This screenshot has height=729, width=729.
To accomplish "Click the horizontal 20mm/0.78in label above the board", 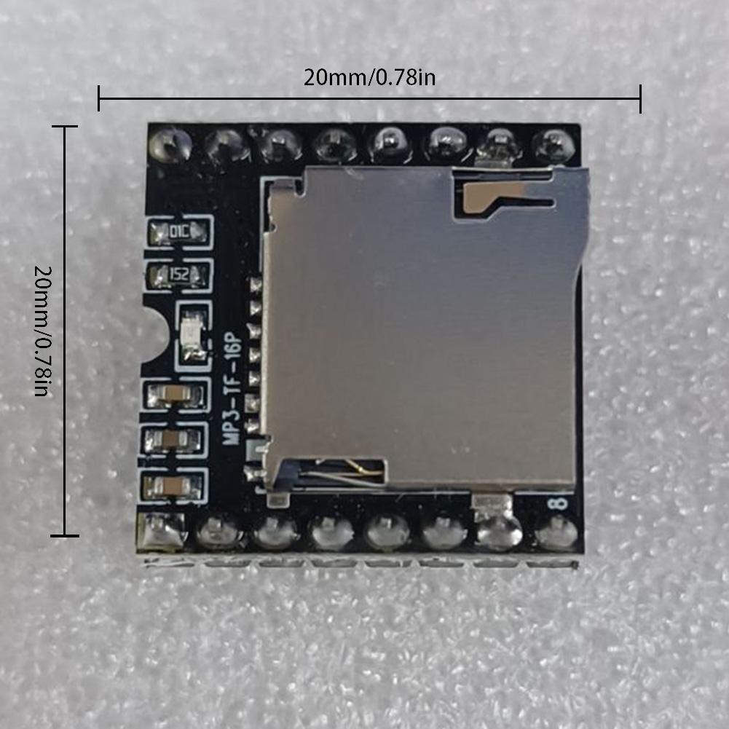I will coord(369,76).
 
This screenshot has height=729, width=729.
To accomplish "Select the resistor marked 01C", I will coord(178,232).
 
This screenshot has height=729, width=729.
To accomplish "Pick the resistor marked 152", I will coord(178,274).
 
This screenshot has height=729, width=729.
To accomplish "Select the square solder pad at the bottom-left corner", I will coord(161,530).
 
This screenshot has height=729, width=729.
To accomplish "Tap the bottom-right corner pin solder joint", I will coord(555,535).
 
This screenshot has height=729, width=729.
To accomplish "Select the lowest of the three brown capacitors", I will coord(175,485).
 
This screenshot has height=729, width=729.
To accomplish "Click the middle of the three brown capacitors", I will coord(175,439).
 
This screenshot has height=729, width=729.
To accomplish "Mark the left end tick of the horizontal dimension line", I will coord(99,98).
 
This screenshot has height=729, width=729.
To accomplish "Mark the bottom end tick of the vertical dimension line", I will coord(66,537).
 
